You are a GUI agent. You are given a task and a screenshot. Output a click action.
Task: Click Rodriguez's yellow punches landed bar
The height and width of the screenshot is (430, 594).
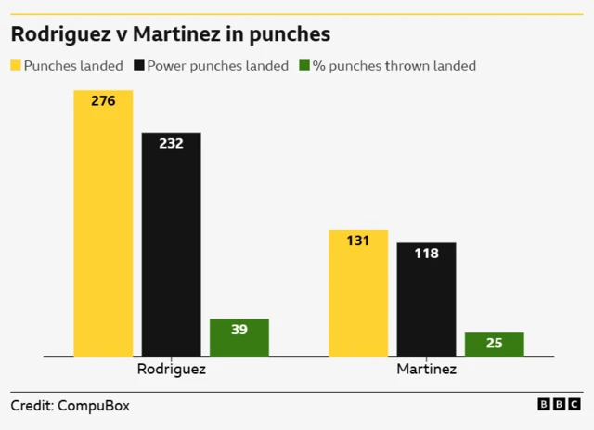pos(103,223)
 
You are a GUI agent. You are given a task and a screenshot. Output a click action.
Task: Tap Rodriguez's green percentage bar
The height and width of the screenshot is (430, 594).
pos(239,338)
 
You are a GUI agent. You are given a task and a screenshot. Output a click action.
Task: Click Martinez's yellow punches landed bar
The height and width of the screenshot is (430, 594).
pos(358,293)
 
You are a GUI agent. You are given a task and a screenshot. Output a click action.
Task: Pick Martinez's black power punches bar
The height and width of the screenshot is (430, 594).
pos(426,299)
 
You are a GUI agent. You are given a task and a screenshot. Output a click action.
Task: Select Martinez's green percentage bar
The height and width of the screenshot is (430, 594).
pos(494,345)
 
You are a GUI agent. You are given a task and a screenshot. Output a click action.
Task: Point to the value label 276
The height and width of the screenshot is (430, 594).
pos(103,100)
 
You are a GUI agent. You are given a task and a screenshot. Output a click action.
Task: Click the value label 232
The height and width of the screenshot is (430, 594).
pos(171,143)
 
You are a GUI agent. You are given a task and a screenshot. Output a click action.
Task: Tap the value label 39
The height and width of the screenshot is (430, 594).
pos(239,330)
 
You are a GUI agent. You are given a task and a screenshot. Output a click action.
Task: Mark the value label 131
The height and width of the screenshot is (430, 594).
pos(358,241)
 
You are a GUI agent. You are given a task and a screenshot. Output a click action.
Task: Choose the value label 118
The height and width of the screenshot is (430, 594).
pos(426,253)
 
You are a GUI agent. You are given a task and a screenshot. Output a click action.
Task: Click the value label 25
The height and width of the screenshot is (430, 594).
pos(494,344)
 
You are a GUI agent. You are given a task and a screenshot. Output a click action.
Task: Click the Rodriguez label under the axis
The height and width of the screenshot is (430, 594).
pos(171,369)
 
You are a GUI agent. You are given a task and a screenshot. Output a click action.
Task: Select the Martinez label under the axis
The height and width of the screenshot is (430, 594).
pos(426,369)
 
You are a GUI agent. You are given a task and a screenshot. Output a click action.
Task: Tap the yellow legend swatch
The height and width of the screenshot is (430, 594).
pos(16,66)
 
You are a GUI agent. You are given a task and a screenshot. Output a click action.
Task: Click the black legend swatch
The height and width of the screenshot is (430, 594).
pos(140,66)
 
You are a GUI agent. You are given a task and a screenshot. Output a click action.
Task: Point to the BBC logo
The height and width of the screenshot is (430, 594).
pos(559,405)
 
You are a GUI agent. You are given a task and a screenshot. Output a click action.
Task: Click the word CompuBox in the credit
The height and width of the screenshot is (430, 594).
pos(94,406)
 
